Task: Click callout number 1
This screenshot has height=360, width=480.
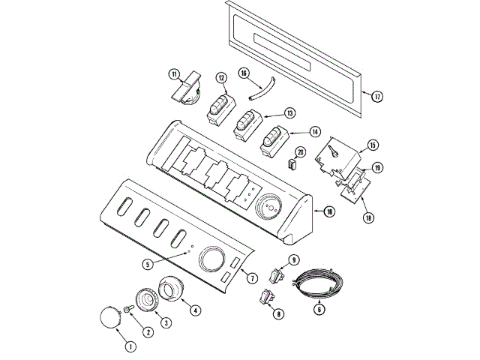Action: pos(130,346)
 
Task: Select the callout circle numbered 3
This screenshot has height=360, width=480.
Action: pos(166,322)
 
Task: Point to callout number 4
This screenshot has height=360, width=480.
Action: pos(195,310)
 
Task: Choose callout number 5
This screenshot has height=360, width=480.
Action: pos(148,264)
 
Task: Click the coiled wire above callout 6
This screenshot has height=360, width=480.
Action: pos(316,281)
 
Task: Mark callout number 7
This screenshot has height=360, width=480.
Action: pos(252,278)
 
